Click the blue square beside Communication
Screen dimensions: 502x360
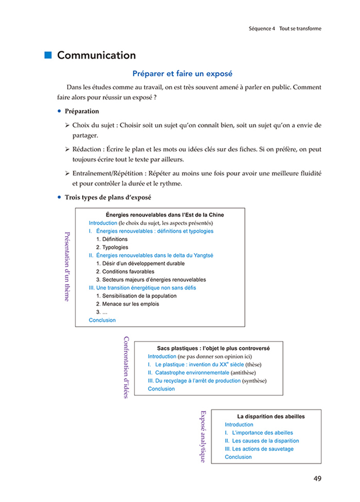48,55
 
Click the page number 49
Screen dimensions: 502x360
316,478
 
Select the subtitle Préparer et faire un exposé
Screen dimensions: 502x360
182,74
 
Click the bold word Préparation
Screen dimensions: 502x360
82,111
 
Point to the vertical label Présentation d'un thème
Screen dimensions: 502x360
67,267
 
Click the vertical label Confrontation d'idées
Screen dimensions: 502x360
126,367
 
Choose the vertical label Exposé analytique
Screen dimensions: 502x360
203,436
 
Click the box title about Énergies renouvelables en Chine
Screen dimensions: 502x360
164,215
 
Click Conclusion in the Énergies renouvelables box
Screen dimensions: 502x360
102,320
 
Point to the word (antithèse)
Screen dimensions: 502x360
244,373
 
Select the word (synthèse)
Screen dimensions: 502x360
254,380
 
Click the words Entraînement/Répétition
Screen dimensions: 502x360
107,173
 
